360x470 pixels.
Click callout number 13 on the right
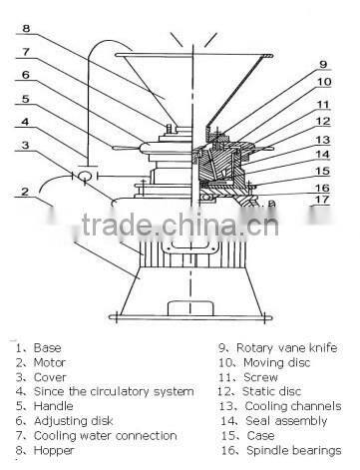321,140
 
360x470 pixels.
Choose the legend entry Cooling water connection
105,435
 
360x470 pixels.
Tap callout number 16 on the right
321,186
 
